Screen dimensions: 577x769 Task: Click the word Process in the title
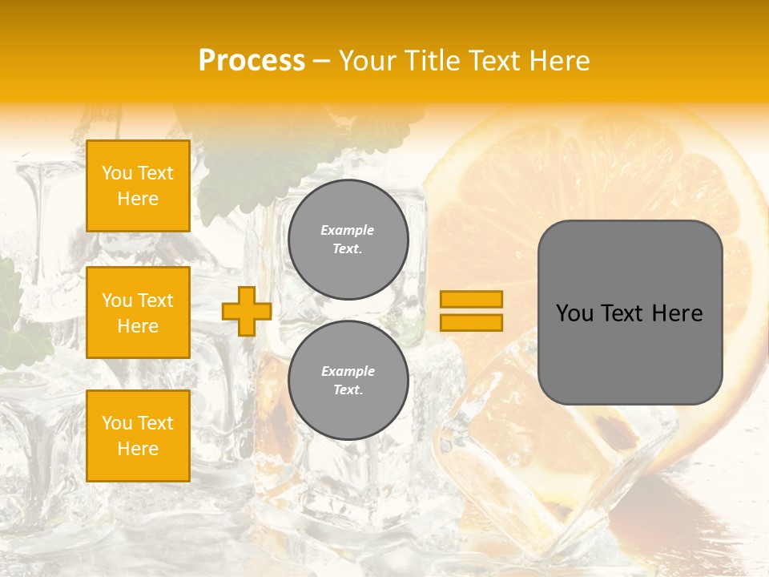click(x=252, y=61)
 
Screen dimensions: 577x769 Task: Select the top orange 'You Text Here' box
click(x=138, y=186)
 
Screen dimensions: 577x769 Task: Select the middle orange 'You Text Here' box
click(x=138, y=313)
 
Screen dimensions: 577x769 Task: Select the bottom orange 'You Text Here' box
click(x=138, y=436)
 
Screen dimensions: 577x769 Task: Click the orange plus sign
click(x=247, y=311)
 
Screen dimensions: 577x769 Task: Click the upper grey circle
click(x=348, y=240)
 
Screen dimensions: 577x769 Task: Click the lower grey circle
click(x=348, y=381)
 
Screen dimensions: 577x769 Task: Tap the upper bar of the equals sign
click(x=471, y=299)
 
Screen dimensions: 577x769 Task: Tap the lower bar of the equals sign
click(x=471, y=323)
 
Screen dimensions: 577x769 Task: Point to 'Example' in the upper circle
click(x=348, y=230)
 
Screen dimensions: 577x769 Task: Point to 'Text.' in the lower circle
click(x=348, y=390)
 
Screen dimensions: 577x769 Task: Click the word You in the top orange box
click(x=117, y=173)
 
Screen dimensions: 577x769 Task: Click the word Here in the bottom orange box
click(x=138, y=449)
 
